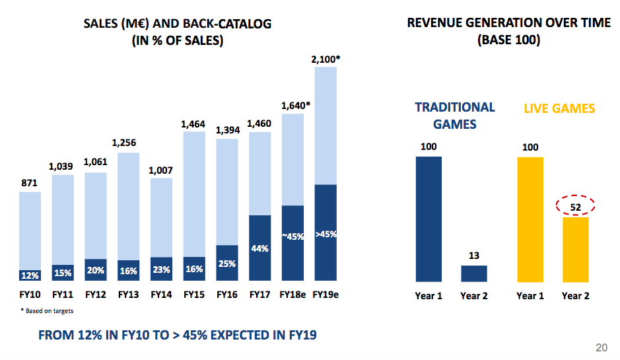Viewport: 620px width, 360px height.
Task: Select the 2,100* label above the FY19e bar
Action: (326, 59)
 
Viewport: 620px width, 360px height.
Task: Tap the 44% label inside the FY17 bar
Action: (259, 248)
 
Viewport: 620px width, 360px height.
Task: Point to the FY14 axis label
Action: (161, 295)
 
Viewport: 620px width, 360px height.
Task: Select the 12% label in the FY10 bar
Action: (29, 275)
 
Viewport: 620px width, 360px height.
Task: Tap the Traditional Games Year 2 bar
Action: (473, 273)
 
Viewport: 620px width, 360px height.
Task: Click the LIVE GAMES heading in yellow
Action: (559, 108)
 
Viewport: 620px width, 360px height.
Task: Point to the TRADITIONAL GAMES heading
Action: (454, 115)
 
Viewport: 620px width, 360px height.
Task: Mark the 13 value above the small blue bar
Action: (473, 256)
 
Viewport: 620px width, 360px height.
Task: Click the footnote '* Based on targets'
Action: (46, 310)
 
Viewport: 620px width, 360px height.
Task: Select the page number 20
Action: (602, 348)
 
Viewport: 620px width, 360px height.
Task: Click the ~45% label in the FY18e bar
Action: (293, 236)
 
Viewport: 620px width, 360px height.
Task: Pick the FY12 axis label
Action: (96, 295)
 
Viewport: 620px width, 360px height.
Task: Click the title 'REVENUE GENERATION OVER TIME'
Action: (508, 23)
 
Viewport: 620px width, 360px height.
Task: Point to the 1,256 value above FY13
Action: (128, 143)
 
